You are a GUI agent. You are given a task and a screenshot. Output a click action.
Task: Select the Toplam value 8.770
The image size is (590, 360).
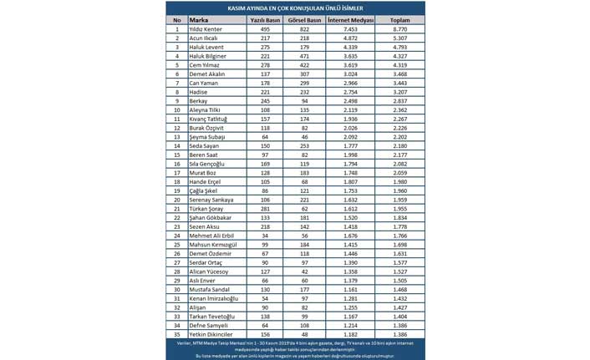click(399, 28)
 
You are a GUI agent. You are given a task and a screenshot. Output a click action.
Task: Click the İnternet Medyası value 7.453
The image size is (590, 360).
click(352, 28)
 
